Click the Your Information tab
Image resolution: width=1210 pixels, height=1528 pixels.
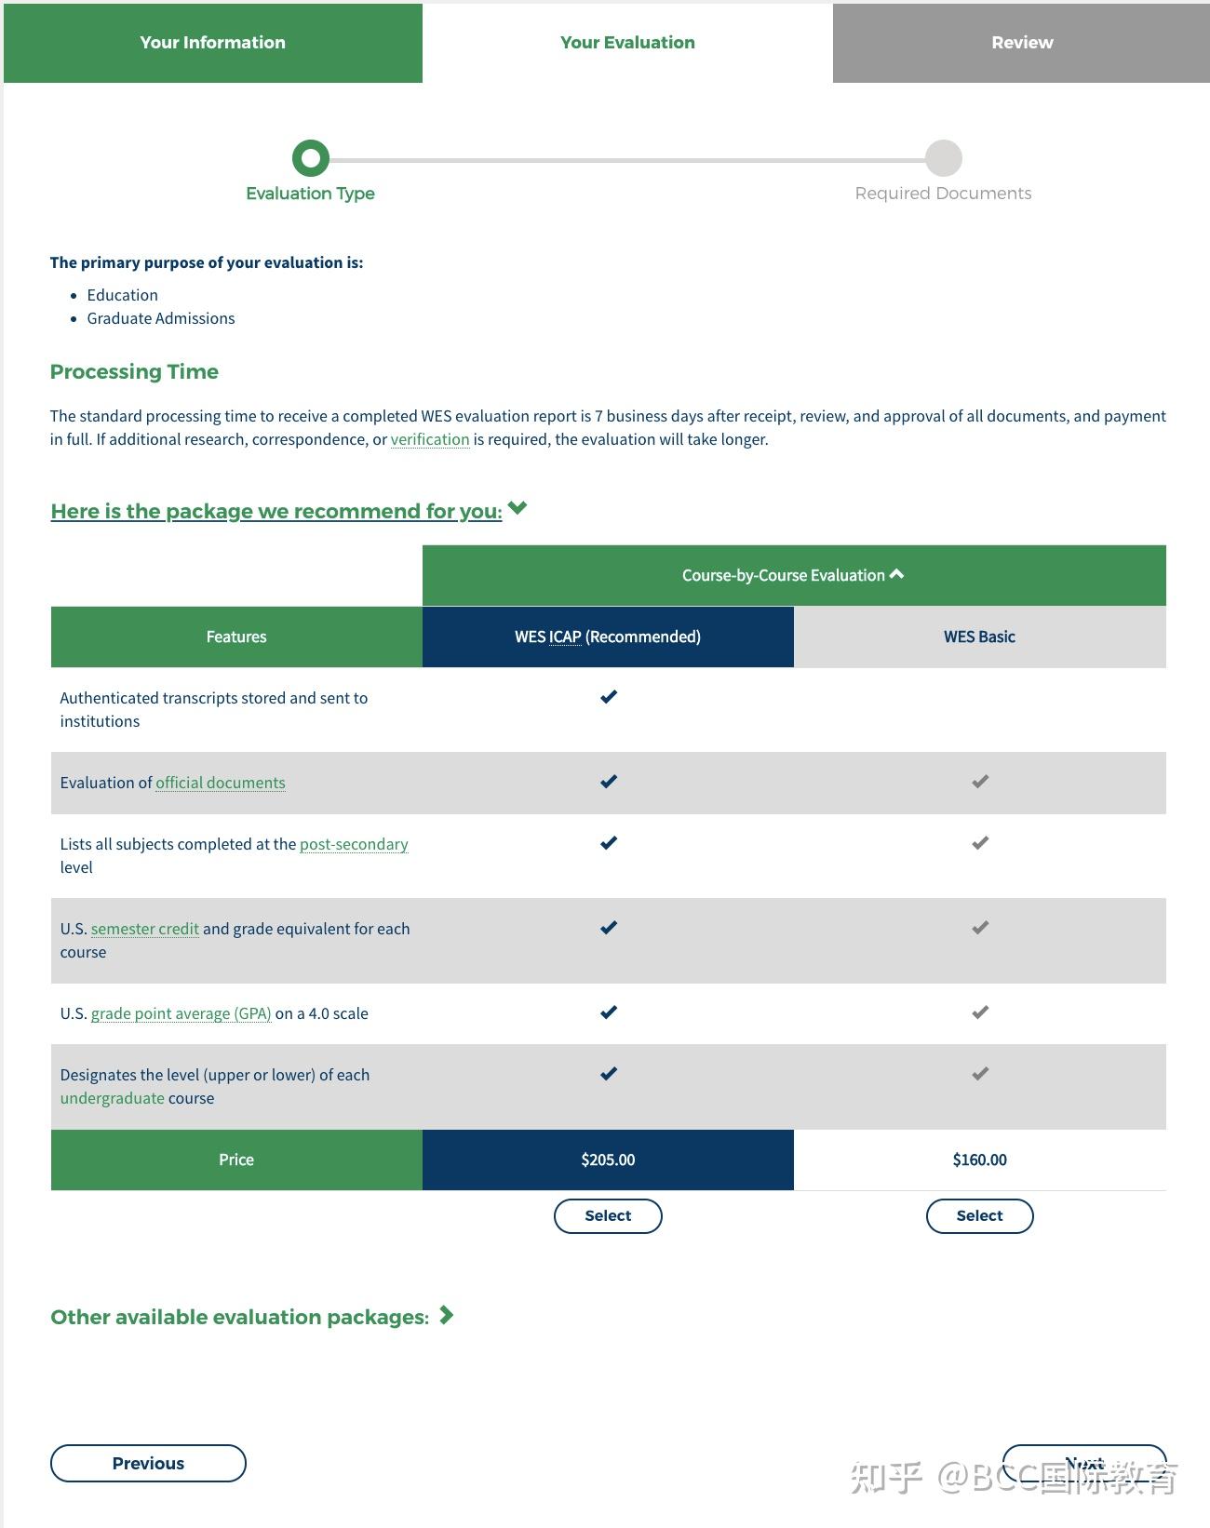tap(212, 43)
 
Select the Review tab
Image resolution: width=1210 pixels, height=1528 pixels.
tap(1021, 43)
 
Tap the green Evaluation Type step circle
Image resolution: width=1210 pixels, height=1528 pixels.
tap(311, 158)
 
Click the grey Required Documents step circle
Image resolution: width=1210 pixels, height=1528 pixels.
tap(943, 158)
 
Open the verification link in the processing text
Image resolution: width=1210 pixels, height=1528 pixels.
tap(430, 439)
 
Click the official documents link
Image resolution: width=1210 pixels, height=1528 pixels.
tap(221, 783)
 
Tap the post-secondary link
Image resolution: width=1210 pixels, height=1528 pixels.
tap(354, 844)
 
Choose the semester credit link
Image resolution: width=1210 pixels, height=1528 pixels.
tap(145, 929)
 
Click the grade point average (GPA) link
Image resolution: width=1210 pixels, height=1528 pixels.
tap(181, 1013)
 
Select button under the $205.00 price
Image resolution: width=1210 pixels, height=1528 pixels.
tap(608, 1215)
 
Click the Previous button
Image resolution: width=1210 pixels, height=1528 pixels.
tap(148, 1463)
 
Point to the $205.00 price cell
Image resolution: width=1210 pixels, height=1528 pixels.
tap(608, 1159)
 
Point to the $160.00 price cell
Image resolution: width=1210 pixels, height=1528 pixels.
tap(979, 1159)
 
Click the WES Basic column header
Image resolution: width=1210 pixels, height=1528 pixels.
tap(979, 637)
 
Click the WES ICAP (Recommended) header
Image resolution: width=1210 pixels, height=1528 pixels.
tap(608, 637)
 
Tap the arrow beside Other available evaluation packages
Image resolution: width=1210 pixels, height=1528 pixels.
tap(447, 1315)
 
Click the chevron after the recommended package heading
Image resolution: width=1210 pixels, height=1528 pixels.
tap(518, 508)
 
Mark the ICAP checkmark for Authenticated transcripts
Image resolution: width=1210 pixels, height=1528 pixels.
tap(609, 697)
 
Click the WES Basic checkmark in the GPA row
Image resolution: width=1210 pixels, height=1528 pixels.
tap(980, 1012)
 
